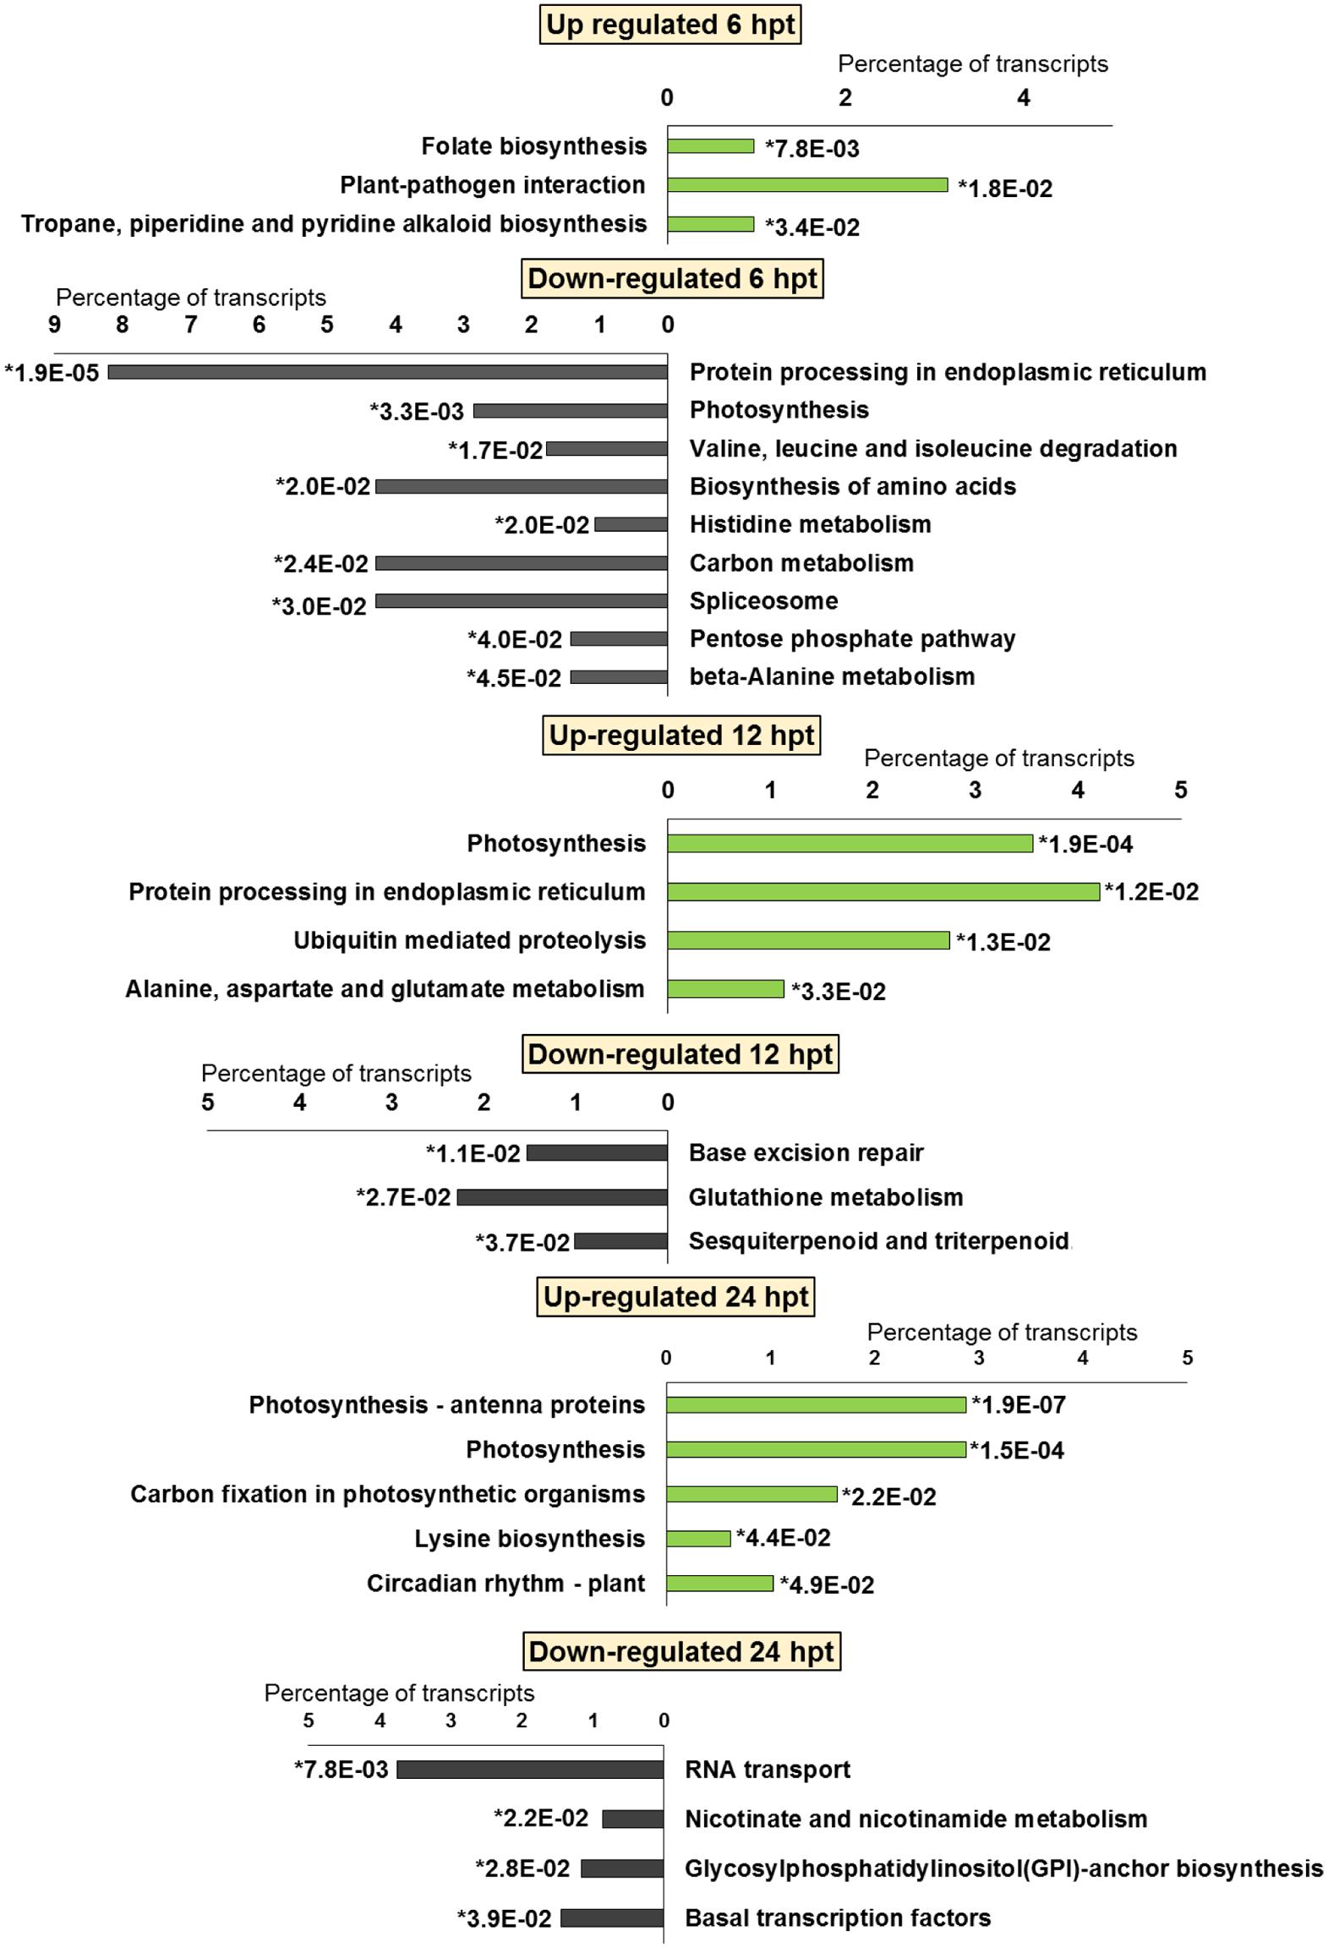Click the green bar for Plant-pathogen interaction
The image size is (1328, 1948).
point(806,185)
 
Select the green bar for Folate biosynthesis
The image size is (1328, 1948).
point(710,146)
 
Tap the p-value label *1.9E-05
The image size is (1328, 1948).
point(52,373)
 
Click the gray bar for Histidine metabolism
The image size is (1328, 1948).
point(631,525)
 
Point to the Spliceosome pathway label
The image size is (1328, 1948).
point(763,601)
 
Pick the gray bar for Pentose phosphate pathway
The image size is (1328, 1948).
point(619,639)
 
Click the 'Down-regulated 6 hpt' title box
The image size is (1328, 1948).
point(672,279)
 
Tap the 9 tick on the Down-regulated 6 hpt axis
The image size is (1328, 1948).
point(54,326)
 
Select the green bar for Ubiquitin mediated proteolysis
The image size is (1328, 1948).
point(807,940)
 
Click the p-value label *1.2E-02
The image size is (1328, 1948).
point(1151,893)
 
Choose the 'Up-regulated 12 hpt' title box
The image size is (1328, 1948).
point(681,736)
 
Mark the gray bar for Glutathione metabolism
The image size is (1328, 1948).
point(561,1197)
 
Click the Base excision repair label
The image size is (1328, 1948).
point(806,1153)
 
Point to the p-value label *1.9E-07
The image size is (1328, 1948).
point(1018,1405)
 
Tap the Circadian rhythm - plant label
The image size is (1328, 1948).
point(506,1584)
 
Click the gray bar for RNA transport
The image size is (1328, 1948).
point(530,1770)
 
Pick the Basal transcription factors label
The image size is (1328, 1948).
point(837,1918)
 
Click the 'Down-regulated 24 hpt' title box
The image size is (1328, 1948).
point(681,1651)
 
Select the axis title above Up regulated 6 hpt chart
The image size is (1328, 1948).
point(972,64)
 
